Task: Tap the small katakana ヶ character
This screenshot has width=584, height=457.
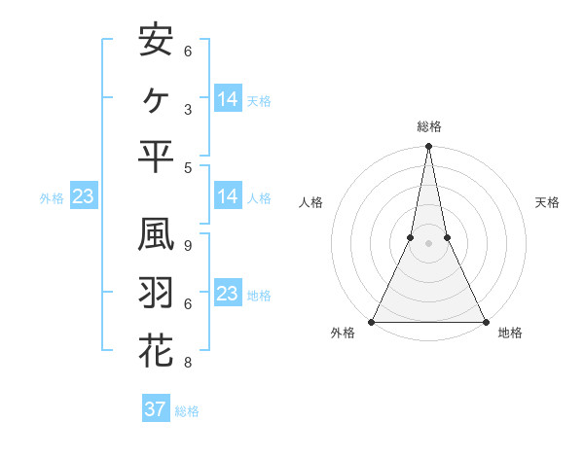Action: tap(156, 98)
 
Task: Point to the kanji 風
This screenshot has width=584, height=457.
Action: tap(156, 236)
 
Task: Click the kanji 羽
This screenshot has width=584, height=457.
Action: tap(156, 294)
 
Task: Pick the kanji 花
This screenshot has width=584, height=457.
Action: tap(156, 351)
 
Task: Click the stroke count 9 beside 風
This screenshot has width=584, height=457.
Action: tap(187, 245)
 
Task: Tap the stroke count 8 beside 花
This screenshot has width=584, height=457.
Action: tap(187, 363)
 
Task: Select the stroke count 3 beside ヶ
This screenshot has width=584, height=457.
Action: tap(187, 109)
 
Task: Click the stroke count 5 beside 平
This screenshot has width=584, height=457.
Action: tap(187, 166)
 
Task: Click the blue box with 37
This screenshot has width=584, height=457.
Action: tap(155, 409)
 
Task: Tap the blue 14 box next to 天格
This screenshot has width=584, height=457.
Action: tap(227, 99)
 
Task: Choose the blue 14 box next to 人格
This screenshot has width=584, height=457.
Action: tap(227, 196)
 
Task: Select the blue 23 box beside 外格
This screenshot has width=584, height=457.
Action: tap(83, 197)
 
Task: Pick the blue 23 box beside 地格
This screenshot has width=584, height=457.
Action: tap(227, 294)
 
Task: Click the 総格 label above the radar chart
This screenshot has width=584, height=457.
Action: tap(428, 126)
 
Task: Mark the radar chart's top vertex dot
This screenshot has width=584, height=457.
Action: tap(428, 147)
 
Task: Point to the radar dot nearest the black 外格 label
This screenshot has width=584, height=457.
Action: tap(373, 322)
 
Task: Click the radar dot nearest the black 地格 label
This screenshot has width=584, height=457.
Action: tap(485, 322)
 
